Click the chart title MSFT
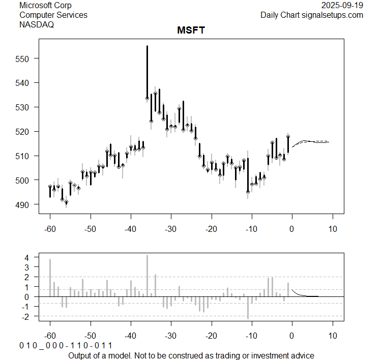[x=191, y=31]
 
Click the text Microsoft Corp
[x=45, y=6]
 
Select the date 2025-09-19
[x=343, y=6]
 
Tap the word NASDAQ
[x=37, y=24]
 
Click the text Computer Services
[x=53, y=15]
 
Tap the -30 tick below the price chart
[x=170, y=229]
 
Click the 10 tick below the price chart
[x=332, y=229]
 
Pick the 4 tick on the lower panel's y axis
[x=27, y=257]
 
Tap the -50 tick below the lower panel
[x=90, y=336]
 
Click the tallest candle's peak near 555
[x=147, y=46]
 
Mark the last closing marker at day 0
[x=288, y=137]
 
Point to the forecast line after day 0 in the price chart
[x=310, y=141]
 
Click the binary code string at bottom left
[x=66, y=346]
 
